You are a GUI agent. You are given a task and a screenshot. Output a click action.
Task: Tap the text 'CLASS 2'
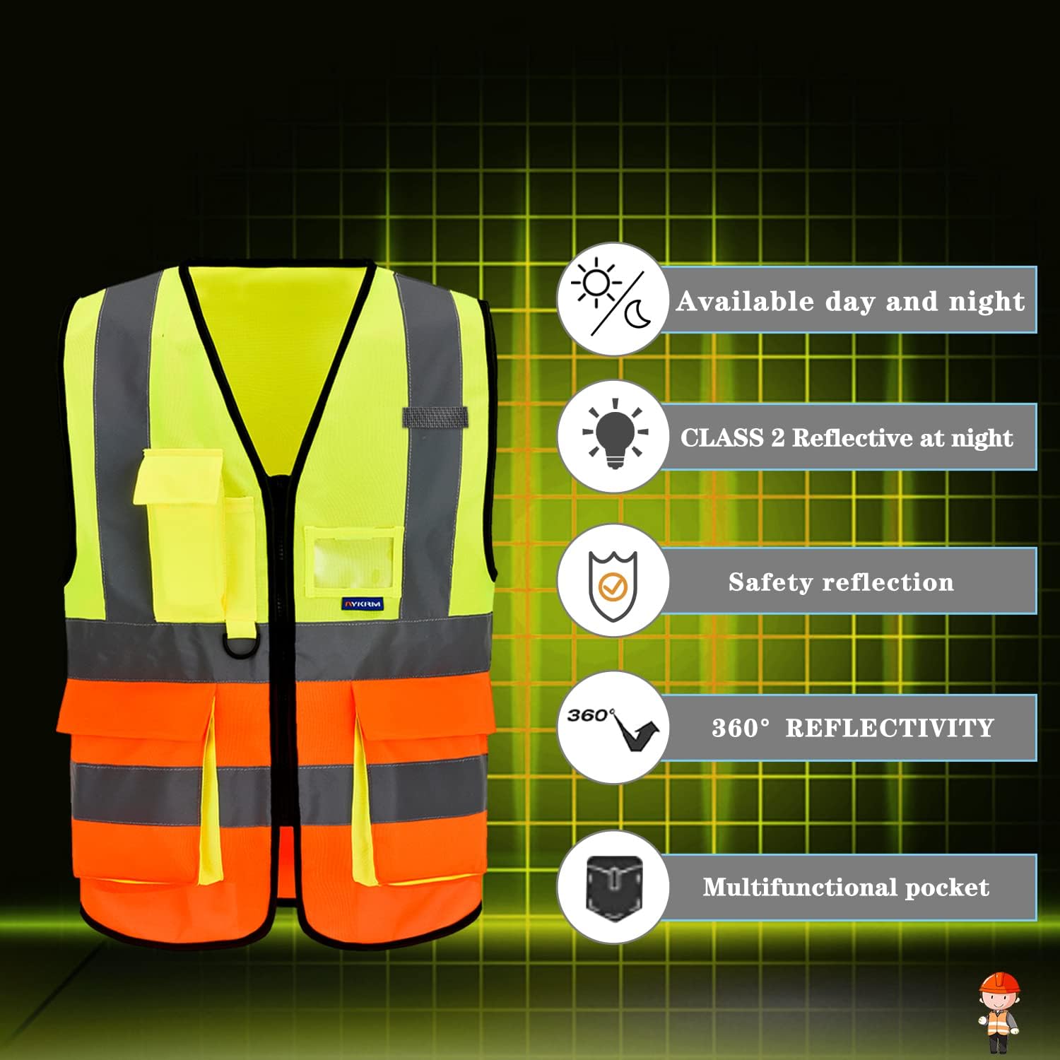click(x=733, y=437)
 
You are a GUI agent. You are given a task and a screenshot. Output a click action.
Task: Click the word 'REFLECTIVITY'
click(x=890, y=728)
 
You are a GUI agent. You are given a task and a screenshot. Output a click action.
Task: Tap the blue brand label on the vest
click(x=363, y=603)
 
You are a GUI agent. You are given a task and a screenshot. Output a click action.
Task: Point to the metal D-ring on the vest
click(x=239, y=645)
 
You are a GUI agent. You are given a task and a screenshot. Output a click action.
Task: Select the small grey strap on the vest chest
click(x=435, y=417)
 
